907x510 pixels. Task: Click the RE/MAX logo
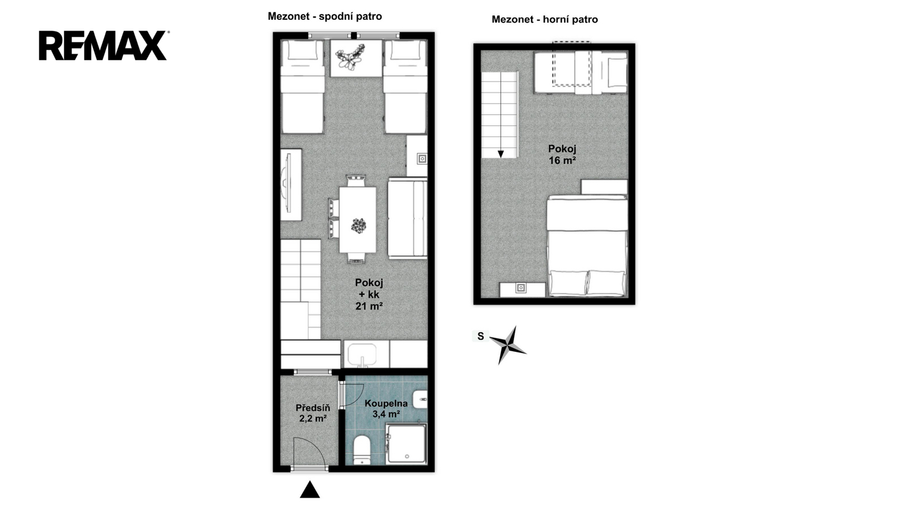pos(103,45)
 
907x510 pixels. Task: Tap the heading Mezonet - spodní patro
pos(325,16)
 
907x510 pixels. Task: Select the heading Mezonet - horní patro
pos(545,19)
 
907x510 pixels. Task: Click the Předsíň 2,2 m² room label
pos(313,413)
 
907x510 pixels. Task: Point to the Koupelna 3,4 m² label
pos(386,409)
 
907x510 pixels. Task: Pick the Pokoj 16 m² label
pos(562,154)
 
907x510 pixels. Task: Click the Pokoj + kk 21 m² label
pos(369,294)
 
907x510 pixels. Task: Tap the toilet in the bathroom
pos(362,450)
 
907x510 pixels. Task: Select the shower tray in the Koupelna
pos(406,444)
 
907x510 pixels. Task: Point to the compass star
pos(508,345)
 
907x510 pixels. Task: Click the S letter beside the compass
pos(481,337)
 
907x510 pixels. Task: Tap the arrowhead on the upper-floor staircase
pos(501,154)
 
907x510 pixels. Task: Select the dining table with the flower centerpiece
pos(358,219)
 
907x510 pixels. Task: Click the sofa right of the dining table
pos(408,218)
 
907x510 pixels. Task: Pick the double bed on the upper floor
pos(587,246)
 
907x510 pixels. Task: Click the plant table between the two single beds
pos(356,58)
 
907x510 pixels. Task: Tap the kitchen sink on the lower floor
pos(362,354)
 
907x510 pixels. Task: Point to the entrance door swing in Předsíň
pos(310,452)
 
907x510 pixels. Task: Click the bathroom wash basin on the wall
pos(421,399)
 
